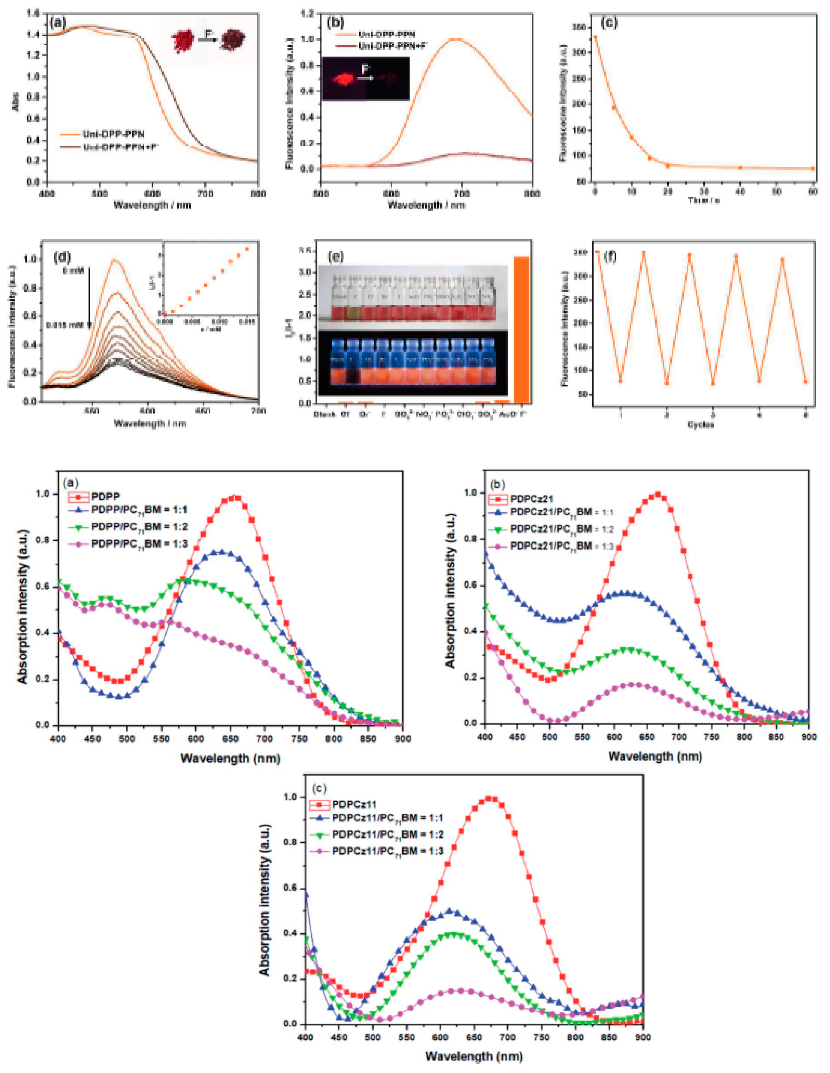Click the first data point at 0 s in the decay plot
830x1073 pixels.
(x=595, y=37)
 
